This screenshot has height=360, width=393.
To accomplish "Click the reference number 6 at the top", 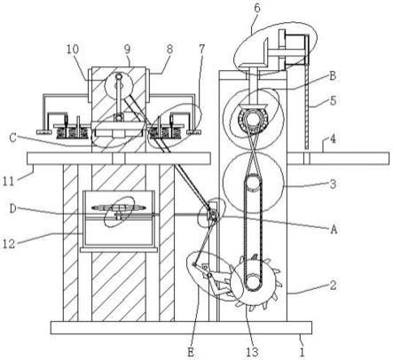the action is pos(257,9).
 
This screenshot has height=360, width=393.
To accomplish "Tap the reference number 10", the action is pos(73,50).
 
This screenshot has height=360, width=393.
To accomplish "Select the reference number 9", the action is pos(127,50).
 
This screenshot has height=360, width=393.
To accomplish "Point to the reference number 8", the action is pos(169,50).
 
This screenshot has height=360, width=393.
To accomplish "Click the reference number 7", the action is pos(201,50).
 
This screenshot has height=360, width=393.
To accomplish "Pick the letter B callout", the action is pos(333,76).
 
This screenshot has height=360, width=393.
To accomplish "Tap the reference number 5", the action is pos(333,101).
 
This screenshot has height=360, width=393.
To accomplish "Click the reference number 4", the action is pos(333,138).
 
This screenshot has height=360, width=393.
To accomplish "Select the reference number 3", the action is pos(333,184).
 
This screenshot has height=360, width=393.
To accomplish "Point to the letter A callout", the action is pos(334,229).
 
